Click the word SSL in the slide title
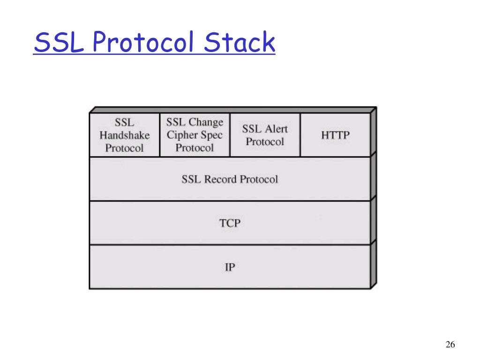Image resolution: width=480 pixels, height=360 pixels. click(60, 43)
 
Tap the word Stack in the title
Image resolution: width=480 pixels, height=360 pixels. click(239, 43)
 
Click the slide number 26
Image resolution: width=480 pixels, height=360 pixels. click(450, 345)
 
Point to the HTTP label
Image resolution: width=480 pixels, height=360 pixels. click(335, 135)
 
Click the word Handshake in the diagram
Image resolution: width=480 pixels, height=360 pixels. click(124, 135)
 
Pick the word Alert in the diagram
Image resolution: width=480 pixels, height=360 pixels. click(276, 129)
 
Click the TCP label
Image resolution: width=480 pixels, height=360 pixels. click(230, 223)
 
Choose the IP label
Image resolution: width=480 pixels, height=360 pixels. click(230, 268)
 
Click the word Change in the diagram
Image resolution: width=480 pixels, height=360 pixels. click(206, 123)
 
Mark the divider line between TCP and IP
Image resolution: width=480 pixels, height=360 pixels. click(230, 245)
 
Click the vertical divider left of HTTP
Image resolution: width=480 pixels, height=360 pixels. click(300, 135)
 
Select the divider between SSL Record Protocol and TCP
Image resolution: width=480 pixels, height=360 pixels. click(230, 201)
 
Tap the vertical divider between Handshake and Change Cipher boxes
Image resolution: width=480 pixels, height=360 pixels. click(160, 135)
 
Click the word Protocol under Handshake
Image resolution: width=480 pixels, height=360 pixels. click(124, 148)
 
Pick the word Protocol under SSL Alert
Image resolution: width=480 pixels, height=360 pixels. click(265, 142)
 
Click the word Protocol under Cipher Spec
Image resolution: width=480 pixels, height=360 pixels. click(195, 148)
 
